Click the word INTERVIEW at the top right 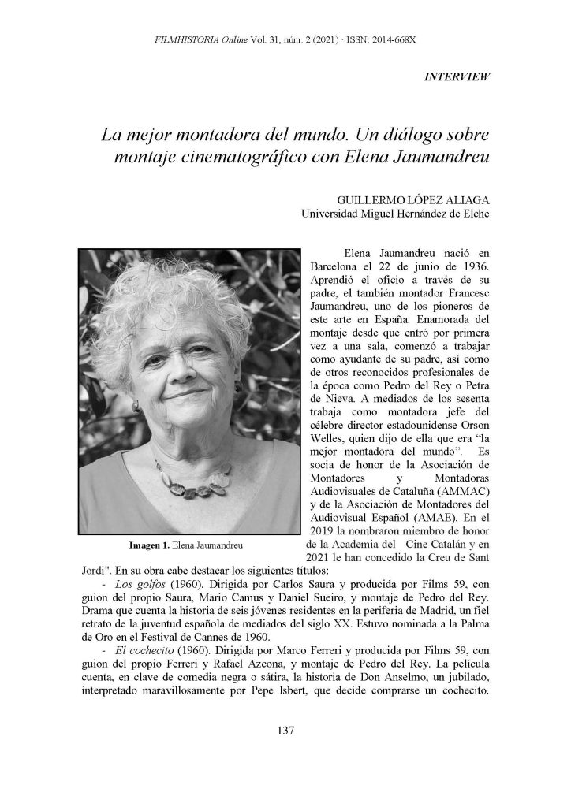(458, 76)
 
